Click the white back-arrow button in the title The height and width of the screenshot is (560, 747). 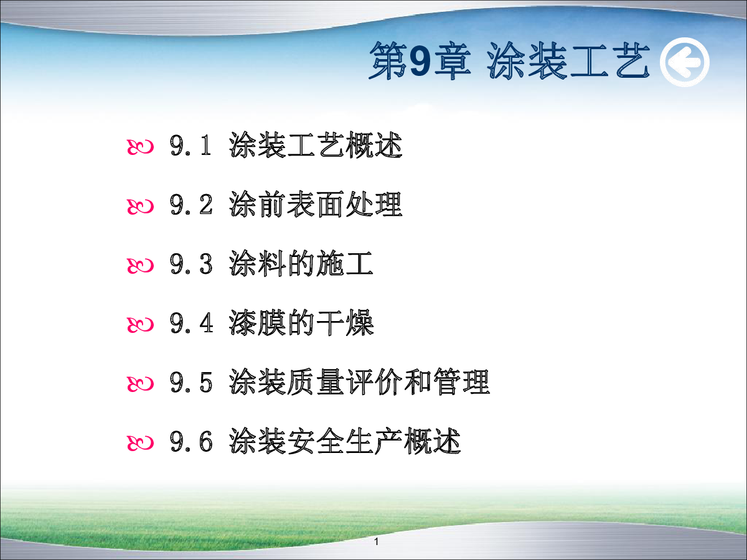click(x=684, y=62)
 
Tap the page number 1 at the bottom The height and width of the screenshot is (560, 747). click(x=376, y=541)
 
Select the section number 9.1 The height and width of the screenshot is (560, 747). click(x=190, y=146)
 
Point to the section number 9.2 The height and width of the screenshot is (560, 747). click(x=191, y=205)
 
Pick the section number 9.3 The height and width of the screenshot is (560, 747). click(x=191, y=264)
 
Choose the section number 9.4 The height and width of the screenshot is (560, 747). click(x=191, y=323)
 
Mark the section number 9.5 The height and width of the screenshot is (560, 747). click(x=191, y=383)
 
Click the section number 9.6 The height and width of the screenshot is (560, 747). click(x=191, y=442)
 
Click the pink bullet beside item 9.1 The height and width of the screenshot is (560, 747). click(x=140, y=147)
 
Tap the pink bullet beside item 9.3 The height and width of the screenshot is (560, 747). click(x=140, y=266)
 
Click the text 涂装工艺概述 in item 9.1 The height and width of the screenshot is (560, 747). click(x=316, y=145)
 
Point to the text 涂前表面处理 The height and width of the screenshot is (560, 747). click(x=316, y=204)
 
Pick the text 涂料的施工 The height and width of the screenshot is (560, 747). click(x=301, y=263)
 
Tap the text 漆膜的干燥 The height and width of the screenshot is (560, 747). click(x=301, y=323)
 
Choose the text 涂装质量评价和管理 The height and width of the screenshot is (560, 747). click(x=359, y=382)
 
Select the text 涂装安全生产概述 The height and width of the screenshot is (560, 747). click(x=345, y=441)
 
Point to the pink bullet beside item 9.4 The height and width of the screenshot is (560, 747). click(x=140, y=325)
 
